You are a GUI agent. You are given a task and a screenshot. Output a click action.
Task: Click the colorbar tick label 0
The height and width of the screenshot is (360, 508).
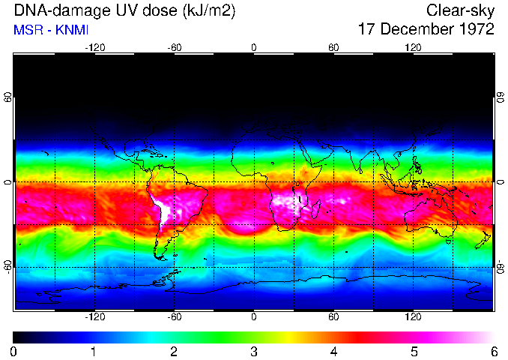coord(13,351)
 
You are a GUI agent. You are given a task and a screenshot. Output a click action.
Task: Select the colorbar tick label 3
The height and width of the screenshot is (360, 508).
coord(254,351)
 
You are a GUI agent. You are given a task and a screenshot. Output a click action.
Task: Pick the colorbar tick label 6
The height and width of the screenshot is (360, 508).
coord(494,351)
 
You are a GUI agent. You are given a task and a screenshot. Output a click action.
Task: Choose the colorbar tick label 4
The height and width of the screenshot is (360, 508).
coord(333,351)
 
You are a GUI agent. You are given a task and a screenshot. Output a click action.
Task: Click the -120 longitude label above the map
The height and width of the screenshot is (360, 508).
coord(94,47)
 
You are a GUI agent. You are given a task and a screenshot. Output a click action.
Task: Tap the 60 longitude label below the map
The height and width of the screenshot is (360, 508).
coord(333,317)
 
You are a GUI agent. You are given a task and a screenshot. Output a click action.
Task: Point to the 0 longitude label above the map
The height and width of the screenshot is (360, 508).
coord(254,47)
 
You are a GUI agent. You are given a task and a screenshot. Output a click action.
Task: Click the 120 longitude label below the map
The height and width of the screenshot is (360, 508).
coord(414,317)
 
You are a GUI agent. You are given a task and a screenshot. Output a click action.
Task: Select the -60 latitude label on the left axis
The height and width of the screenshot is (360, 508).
coord(7,266)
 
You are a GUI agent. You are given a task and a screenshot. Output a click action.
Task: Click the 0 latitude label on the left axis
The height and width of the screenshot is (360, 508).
coord(7,182)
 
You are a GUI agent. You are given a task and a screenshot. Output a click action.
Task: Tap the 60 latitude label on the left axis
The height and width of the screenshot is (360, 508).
coord(7,97)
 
